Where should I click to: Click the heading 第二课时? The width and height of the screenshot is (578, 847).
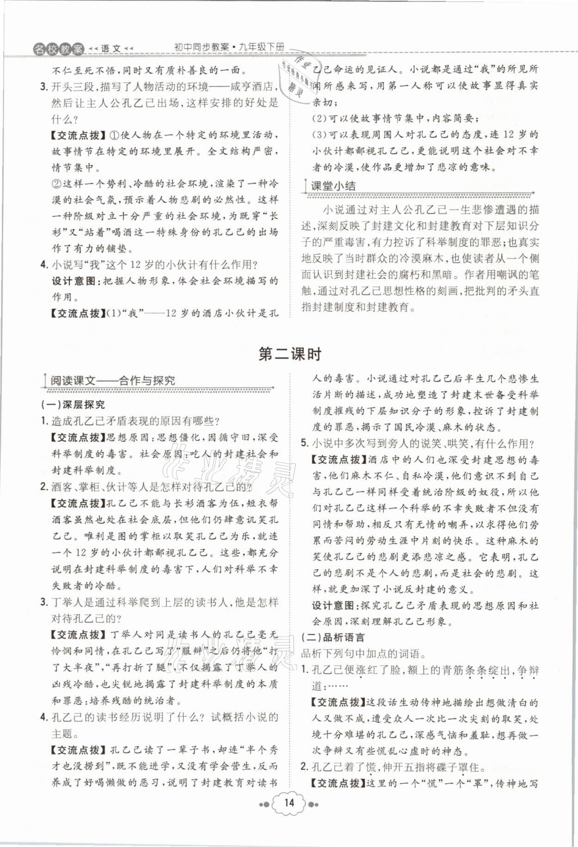(289, 354)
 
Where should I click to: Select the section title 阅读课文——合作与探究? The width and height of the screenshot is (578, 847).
(113, 381)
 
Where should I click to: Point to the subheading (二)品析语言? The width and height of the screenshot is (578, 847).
(332, 638)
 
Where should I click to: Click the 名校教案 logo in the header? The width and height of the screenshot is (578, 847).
(59, 48)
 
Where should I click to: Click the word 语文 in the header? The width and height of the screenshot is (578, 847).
(111, 48)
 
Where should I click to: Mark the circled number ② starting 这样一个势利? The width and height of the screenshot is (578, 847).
(56, 184)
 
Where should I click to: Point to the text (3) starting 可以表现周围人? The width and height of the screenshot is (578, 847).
(319, 135)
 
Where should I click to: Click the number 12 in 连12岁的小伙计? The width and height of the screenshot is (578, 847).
(508, 135)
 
